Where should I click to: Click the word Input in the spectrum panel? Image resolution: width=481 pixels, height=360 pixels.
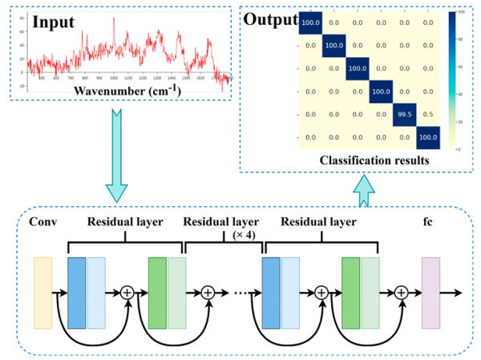pyautogui.click(x=56, y=22)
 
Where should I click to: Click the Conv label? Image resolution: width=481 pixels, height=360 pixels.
pyautogui.click(x=42, y=221)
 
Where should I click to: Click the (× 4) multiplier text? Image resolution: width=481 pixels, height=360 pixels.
pyautogui.click(x=245, y=235)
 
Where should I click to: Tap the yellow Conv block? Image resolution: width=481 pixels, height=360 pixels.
pyautogui.click(x=42, y=293)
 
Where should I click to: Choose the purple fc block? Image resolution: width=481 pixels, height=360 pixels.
pyautogui.click(x=430, y=293)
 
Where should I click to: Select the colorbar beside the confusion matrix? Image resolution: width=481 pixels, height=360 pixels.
pyautogui.click(x=454, y=80)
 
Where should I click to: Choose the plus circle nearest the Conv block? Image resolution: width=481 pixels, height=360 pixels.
pyautogui.click(x=127, y=293)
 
